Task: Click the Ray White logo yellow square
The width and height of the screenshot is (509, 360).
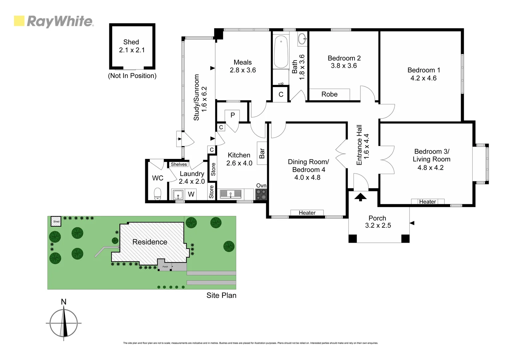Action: coord(19,21)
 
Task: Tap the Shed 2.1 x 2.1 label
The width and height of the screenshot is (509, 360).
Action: coord(132,46)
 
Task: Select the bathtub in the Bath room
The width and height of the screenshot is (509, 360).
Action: coord(281,52)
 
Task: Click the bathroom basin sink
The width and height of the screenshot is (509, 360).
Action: coord(302,39)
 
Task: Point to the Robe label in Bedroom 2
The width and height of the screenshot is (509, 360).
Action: coord(329,94)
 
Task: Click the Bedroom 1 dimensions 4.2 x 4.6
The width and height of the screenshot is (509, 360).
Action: coord(423,78)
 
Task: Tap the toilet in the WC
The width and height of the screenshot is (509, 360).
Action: coord(158,194)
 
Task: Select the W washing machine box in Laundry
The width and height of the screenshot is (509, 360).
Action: coord(191,194)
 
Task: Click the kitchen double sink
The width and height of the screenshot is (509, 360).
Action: coord(230,194)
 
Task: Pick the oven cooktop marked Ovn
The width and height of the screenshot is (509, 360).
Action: coord(261,194)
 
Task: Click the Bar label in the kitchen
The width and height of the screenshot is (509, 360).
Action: coord(262,153)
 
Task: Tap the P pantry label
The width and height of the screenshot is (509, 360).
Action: coord(233,115)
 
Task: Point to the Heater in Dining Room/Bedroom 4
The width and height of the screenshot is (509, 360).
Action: coord(307,213)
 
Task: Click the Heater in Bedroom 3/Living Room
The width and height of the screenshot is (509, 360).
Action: coord(427,202)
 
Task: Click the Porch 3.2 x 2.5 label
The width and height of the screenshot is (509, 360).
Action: coord(378,222)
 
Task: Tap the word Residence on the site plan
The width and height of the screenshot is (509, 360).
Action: coord(150,242)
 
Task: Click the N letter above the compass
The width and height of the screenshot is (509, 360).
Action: coord(64,302)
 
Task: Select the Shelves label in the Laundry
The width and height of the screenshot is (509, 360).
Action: coord(179,164)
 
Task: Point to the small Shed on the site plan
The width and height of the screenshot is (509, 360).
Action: coord(56,221)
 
